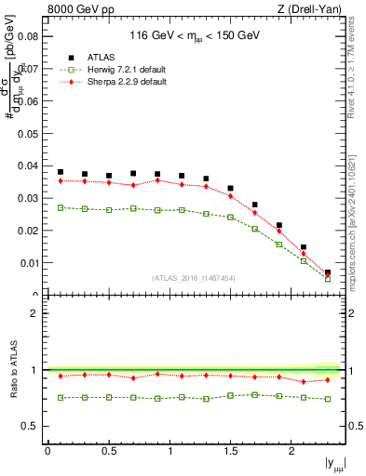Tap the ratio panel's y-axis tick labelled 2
[x=34, y=313]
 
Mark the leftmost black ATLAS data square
[x=61, y=172]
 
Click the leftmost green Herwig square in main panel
[x=61, y=207]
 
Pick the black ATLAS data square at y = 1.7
[x=255, y=205]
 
